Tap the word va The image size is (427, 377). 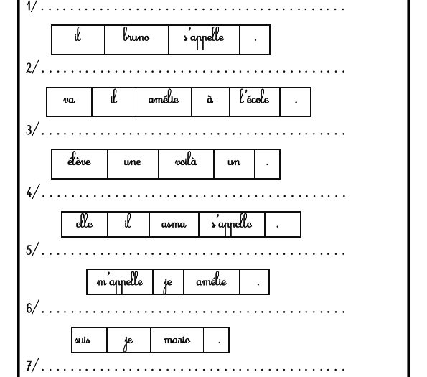[69, 100]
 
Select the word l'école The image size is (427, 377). [254, 97]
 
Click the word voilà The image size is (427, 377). [186, 159]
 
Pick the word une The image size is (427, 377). [133, 162]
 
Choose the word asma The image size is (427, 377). [174, 224]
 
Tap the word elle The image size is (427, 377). [84, 221]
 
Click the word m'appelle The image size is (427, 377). [120, 282]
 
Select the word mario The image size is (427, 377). [177, 340]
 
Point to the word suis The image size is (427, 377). [83, 340]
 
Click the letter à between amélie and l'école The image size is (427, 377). [210, 99]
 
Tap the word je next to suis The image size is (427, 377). [128, 342]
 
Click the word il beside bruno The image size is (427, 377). [78, 34]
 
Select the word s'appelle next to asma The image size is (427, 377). [232, 224]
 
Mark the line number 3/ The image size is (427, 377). [32, 129]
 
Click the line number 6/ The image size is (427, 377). [32, 307]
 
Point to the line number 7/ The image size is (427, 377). [32, 365]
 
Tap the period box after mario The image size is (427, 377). [217, 340]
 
